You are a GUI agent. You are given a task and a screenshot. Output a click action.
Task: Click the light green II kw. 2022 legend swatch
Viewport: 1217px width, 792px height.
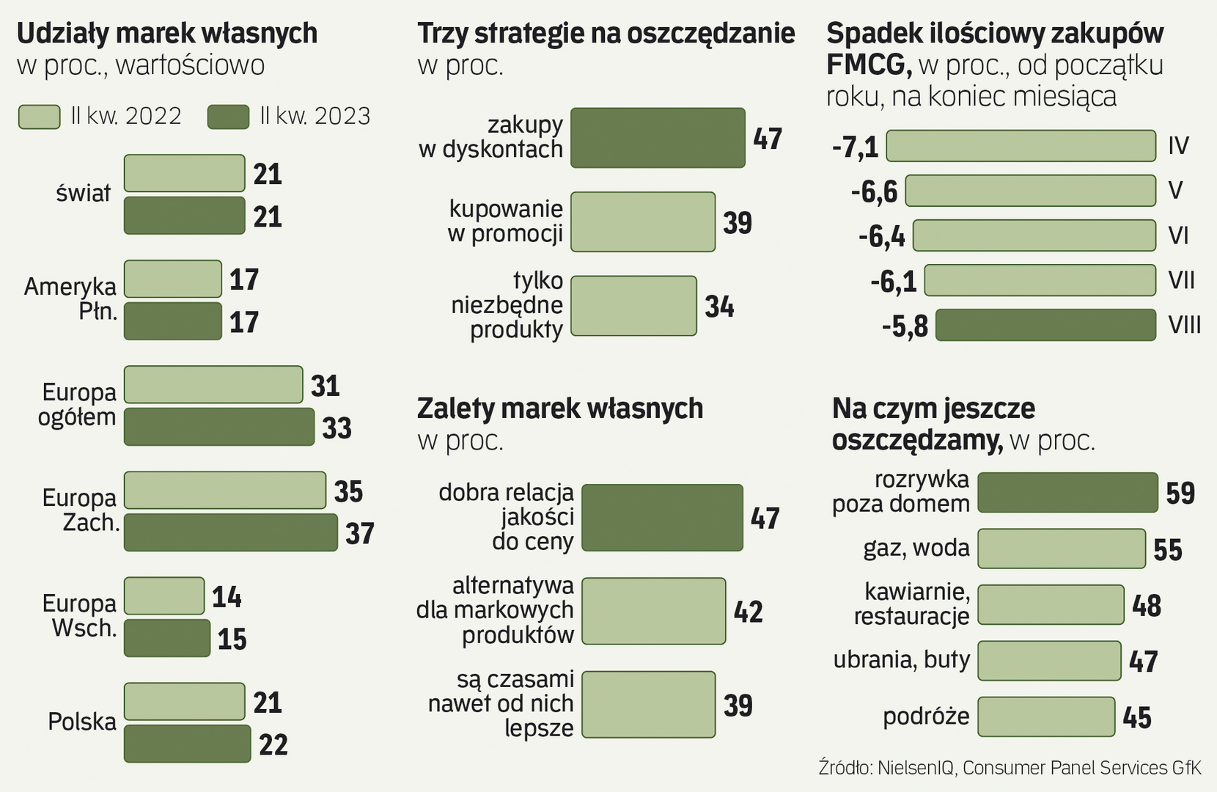click(x=39, y=117)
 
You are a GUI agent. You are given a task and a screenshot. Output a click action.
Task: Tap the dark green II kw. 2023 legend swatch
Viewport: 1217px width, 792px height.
click(x=228, y=117)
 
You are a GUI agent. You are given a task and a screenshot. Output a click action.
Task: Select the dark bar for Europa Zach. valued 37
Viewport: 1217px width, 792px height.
click(x=230, y=532)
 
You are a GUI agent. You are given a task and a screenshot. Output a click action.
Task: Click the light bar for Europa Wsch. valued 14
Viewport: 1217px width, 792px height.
click(x=163, y=595)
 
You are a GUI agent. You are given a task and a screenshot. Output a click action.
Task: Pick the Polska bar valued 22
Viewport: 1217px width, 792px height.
click(x=187, y=744)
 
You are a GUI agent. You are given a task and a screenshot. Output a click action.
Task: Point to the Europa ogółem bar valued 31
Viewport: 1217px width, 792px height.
click(x=213, y=384)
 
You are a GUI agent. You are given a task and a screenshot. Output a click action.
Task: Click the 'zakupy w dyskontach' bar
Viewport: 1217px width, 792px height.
click(x=658, y=138)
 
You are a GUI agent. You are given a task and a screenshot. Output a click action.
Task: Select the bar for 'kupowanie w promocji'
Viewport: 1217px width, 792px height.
click(x=642, y=221)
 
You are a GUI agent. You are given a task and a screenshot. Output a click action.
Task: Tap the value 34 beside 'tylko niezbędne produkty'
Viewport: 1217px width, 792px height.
click(x=719, y=307)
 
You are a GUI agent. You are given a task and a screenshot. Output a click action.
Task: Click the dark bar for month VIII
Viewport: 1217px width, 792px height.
click(x=1045, y=325)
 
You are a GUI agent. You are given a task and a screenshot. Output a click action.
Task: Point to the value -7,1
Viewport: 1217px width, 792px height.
click(x=855, y=147)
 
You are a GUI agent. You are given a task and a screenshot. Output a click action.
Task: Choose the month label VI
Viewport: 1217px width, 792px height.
click(x=1178, y=235)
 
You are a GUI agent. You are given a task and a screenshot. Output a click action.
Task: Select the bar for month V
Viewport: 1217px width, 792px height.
click(x=1030, y=191)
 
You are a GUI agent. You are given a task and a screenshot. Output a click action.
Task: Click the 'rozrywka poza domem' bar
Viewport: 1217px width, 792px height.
click(x=1067, y=492)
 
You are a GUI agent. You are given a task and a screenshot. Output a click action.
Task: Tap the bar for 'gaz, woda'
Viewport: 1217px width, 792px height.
click(x=1061, y=549)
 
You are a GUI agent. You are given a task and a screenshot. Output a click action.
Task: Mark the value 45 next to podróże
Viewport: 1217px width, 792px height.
click(x=1137, y=717)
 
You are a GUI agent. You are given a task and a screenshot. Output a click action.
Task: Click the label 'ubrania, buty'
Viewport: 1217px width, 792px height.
click(x=901, y=660)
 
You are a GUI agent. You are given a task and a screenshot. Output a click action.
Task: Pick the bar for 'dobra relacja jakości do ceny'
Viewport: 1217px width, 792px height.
click(x=662, y=518)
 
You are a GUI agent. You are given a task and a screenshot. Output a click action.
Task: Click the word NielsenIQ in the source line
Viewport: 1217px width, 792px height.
click(x=916, y=768)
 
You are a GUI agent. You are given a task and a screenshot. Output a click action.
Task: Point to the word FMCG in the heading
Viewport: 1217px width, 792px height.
click(x=868, y=65)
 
